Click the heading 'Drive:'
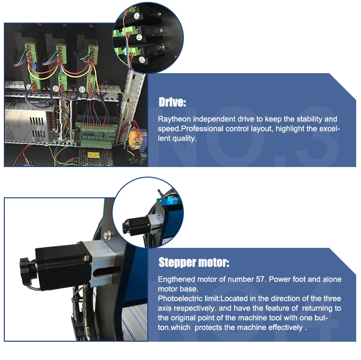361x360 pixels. pos(172,103)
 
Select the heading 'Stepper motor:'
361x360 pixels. pos(193,263)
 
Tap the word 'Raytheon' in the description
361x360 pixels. pos(173,119)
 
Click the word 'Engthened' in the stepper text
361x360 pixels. pos(176,279)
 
